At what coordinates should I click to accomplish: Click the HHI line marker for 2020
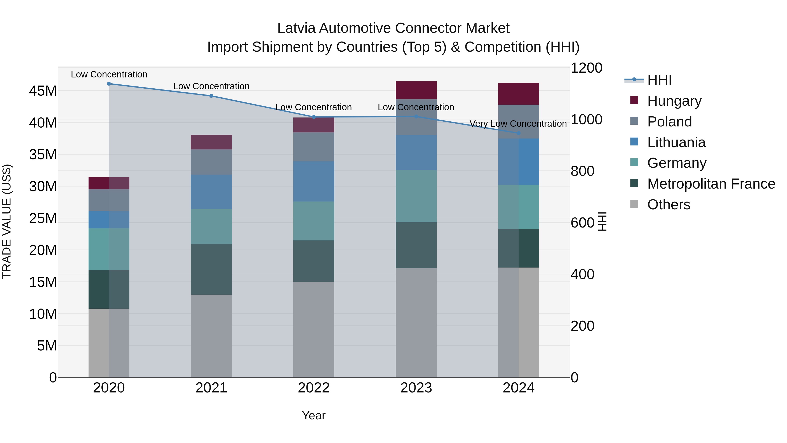point(109,84)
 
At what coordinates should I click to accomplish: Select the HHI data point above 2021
point(211,96)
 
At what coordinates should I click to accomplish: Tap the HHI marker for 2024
point(519,133)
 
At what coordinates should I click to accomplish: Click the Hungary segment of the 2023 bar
point(416,90)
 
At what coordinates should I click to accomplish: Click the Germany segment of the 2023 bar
point(416,196)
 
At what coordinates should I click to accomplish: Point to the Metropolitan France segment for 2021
point(211,269)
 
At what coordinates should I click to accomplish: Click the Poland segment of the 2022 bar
point(314,147)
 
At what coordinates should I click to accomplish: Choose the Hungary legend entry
point(674,101)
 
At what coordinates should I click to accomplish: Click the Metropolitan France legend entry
point(711,184)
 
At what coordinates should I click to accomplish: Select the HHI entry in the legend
point(659,80)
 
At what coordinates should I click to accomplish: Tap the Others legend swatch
point(634,204)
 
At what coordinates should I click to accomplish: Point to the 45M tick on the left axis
point(43,91)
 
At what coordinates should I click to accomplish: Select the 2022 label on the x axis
point(314,388)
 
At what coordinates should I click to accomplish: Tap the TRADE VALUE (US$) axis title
point(7,221)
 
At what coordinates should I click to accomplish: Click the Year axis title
point(314,415)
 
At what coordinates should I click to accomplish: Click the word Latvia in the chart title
point(296,28)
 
